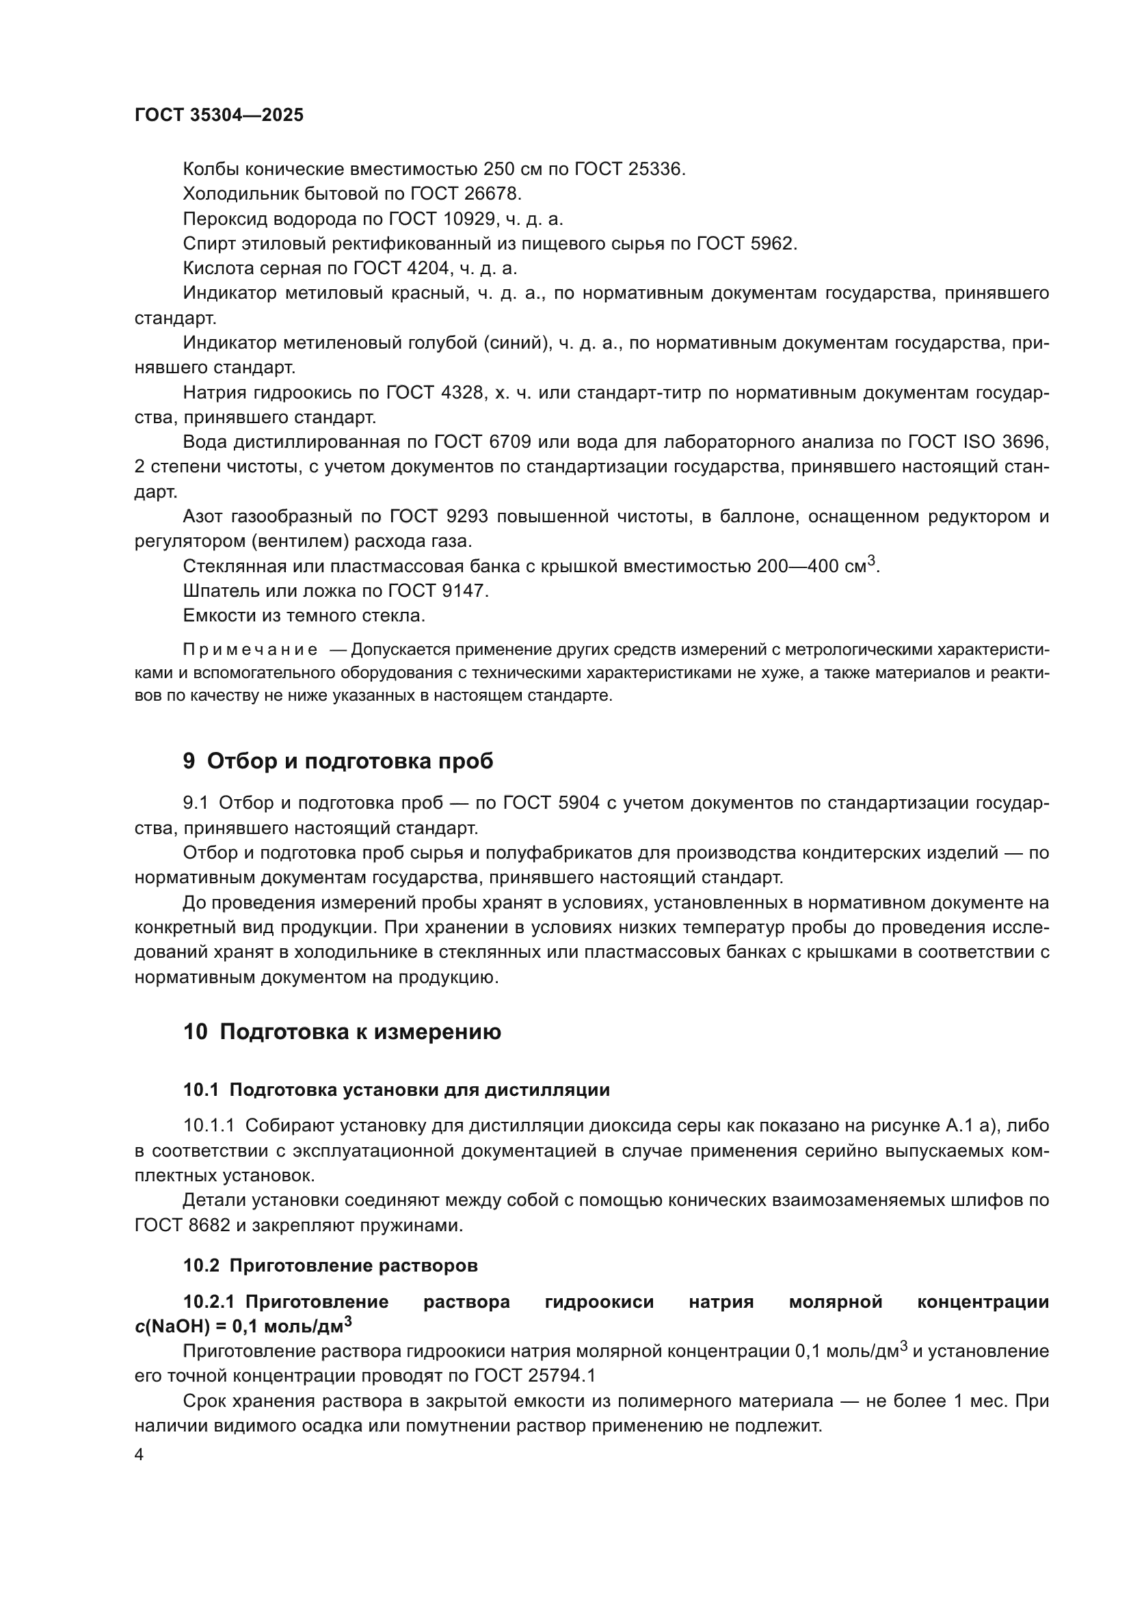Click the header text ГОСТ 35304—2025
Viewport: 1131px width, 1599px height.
[219, 116]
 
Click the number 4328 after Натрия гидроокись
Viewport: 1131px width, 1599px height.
[464, 393]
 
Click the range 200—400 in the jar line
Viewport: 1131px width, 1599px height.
[797, 566]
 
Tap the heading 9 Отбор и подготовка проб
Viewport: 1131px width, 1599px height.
[338, 761]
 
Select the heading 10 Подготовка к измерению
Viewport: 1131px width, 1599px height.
[342, 1032]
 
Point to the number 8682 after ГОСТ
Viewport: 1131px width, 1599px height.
[210, 1225]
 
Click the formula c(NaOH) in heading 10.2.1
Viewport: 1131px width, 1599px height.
[179, 1327]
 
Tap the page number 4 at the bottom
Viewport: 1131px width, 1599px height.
[139, 1454]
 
